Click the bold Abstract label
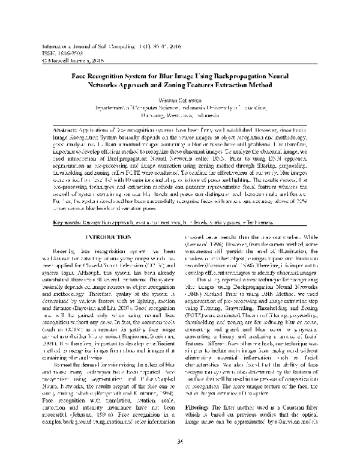[x=65, y=130]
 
